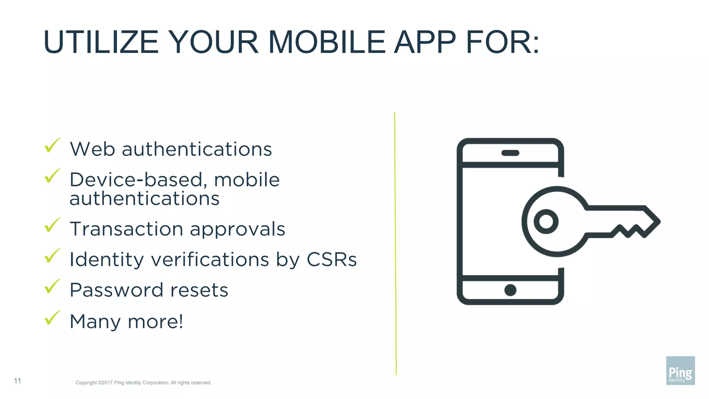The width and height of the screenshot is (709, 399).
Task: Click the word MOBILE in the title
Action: (x=326, y=42)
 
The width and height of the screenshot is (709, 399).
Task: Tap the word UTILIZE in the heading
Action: (x=101, y=42)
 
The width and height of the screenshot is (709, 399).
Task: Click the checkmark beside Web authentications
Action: (x=52, y=145)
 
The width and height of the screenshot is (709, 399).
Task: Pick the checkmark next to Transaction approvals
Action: (x=52, y=225)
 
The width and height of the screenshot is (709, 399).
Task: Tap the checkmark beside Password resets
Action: (x=52, y=286)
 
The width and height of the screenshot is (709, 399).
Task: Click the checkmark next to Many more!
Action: (x=52, y=318)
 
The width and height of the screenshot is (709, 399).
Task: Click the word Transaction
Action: (x=126, y=229)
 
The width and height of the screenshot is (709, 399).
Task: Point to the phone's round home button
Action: (x=510, y=290)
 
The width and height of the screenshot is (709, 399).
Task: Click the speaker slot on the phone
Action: (x=510, y=153)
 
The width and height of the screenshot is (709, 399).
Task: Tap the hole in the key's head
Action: (x=546, y=221)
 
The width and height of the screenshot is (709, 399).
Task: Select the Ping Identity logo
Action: (x=680, y=370)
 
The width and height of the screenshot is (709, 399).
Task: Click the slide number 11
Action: (x=17, y=381)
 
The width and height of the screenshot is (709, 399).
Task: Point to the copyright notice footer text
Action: (x=143, y=383)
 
